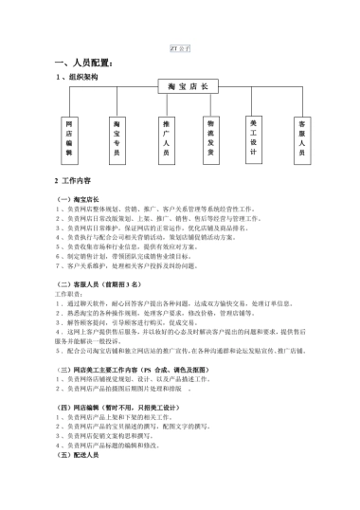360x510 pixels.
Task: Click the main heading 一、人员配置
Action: point(87,63)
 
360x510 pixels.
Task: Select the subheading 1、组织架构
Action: point(76,77)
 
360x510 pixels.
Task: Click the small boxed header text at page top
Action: point(179,46)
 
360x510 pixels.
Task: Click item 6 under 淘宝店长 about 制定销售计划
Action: point(133,258)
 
